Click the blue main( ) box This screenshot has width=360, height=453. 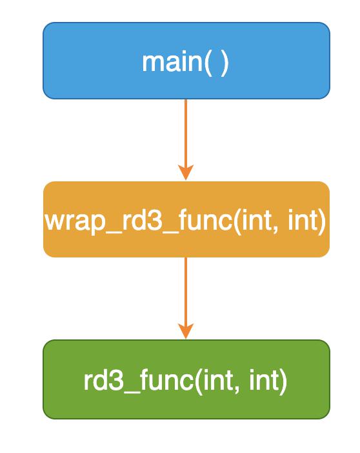(186, 61)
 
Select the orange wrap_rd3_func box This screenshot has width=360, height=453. (186, 219)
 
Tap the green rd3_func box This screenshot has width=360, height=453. (186, 379)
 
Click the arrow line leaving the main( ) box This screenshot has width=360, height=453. (186, 139)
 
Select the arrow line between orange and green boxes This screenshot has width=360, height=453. (186, 298)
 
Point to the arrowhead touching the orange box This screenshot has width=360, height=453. (186, 173)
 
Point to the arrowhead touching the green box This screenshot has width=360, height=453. (186, 331)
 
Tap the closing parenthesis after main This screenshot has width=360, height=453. (225, 63)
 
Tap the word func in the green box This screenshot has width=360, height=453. (166, 380)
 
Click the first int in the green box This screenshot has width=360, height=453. (217, 381)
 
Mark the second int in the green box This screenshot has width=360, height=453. (264, 381)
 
